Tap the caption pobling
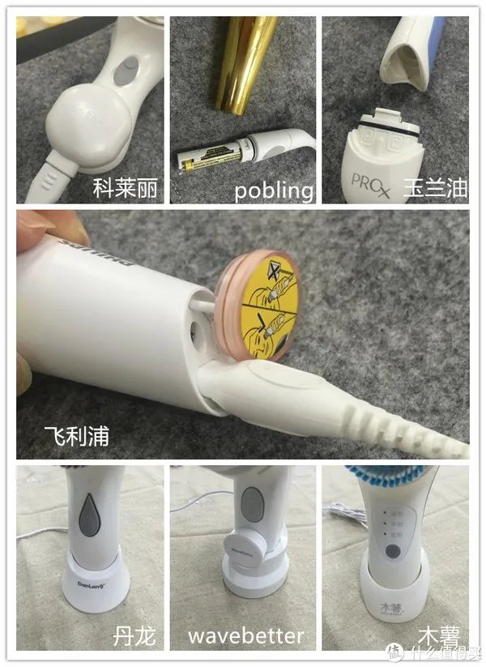[273, 190]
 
